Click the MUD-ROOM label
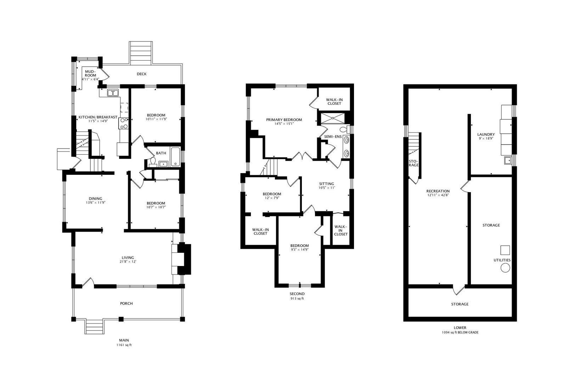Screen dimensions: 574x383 pyautogui.click(x=90, y=73)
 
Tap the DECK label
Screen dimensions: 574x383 pyautogui.click(x=141, y=74)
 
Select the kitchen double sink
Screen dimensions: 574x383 pyautogui.click(x=113, y=93)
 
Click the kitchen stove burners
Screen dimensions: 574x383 pyautogui.click(x=124, y=123)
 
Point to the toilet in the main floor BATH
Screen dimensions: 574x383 pyautogui.click(x=153, y=162)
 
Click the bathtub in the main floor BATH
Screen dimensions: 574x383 pyautogui.click(x=175, y=157)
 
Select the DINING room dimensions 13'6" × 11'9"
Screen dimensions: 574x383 pyautogui.click(x=96, y=202)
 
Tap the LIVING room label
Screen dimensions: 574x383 pyautogui.click(x=128, y=257)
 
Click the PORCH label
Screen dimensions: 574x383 pyautogui.click(x=126, y=303)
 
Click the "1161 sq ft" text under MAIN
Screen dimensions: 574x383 pyautogui.click(x=124, y=345)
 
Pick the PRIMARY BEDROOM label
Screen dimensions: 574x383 pyautogui.click(x=284, y=120)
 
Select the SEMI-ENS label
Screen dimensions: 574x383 pyautogui.click(x=333, y=137)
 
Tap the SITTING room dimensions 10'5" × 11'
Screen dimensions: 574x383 pyautogui.click(x=327, y=188)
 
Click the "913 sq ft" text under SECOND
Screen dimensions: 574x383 pyautogui.click(x=297, y=299)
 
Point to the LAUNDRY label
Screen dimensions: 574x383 pyautogui.click(x=486, y=134)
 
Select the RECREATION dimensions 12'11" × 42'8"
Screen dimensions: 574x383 pyautogui.click(x=438, y=195)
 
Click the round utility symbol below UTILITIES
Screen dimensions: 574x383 pyautogui.click(x=505, y=268)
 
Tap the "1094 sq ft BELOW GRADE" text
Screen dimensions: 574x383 pyautogui.click(x=460, y=332)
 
